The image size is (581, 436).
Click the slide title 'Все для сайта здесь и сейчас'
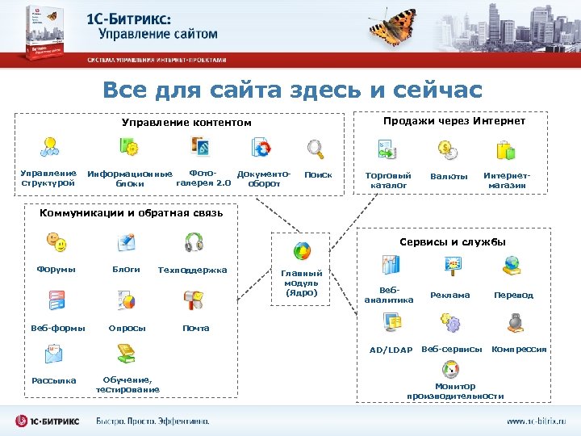point(291,90)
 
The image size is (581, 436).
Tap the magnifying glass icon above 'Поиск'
point(316,149)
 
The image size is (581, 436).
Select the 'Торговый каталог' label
point(387,180)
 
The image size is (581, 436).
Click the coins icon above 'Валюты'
point(447,149)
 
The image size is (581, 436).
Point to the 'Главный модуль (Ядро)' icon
point(302,251)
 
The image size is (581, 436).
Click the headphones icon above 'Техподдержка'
point(194,242)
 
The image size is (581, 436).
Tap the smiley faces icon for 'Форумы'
point(56,242)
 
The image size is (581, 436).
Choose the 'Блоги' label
point(126,269)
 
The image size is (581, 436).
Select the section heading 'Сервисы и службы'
point(453,241)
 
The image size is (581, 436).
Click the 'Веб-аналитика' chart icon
point(391,265)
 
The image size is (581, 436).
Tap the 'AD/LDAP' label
point(391,350)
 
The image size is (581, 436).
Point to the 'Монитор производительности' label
point(455,391)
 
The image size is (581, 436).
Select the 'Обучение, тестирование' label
point(127,384)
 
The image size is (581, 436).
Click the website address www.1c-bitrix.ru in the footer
point(536,421)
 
